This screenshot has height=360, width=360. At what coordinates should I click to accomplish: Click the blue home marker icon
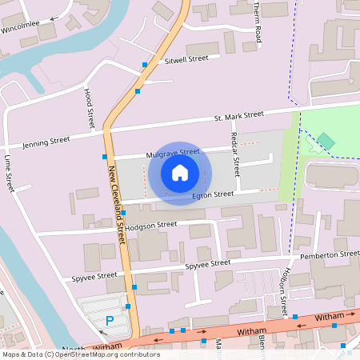pyautogui.click(x=180, y=173)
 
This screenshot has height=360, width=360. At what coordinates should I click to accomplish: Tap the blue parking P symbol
pyautogui.click(x=110, y=321)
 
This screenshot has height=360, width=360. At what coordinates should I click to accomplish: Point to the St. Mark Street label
pyautogui.click(x=238, y=117)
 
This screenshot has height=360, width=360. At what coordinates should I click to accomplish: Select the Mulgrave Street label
pyautogui.click(x=172, y=152)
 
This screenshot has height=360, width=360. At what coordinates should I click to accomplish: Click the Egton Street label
pyautogui.click(x=213, y=194)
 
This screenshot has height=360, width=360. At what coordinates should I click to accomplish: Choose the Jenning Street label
pyautogui.click(x=47, y=142)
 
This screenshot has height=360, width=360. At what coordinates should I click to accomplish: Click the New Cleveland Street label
pyautogui.click(x=117, y=204)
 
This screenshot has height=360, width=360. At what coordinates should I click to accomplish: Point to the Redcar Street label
pyautogui.click(x=235, y=154)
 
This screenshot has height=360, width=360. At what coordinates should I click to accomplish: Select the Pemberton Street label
pyautogui.click(x=330, y=255)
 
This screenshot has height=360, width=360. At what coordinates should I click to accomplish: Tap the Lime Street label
pyautogui.click(x=10, y=174)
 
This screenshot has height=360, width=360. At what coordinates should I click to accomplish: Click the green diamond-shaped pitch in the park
pyautogui.click(x=326, y=142)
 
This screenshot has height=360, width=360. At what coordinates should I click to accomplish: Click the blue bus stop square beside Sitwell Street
pyautogui.click(x=145, y=65)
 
